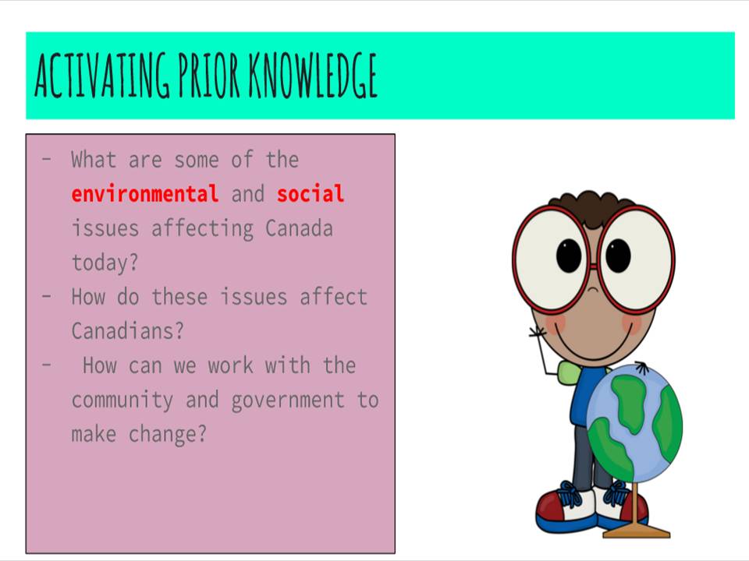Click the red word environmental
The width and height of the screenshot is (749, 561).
pos(144,194)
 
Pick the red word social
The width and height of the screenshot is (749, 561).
pos(310,194)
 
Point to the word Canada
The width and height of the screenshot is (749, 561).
pos(299,228)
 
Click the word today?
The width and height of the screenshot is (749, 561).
pos(105,263)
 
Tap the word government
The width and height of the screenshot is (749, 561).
pos(288,400)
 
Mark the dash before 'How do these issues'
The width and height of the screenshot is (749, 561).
pos(48,297)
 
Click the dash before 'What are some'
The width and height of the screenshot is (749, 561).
pos(48,160)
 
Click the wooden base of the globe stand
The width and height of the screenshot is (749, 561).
pos(636,532)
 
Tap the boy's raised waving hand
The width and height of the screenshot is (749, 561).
pos(538,333)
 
